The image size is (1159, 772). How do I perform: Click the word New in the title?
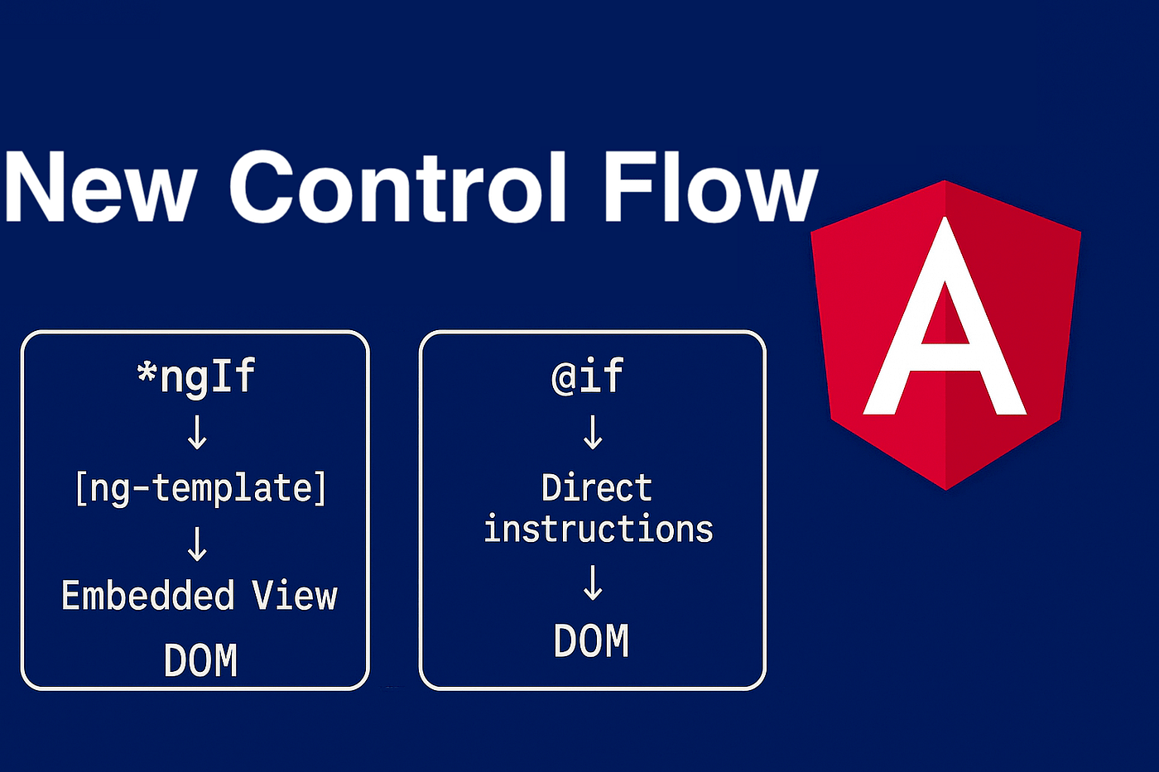click(101, 187)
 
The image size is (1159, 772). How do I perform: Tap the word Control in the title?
click(397, 186)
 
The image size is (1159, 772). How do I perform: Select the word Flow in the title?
click(711, 186)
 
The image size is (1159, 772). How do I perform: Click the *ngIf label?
click(195, 377)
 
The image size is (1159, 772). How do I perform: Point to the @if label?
click(587, 376)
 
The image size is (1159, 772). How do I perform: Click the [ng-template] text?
click(200, 488)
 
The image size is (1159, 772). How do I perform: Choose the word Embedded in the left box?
click(148, 595)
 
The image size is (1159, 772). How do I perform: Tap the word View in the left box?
click(295, 595)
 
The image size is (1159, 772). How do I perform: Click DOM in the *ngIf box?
click(200, 659)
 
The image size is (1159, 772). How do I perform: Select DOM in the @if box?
click(591, 640)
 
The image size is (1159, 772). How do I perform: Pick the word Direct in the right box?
click(597, 487)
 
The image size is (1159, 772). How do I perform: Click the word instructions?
click(599, 529)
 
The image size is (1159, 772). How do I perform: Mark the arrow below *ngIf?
click(197, 434)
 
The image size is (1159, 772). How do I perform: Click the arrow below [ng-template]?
click(197, 544)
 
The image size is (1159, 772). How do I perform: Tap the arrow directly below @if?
click(593, 432)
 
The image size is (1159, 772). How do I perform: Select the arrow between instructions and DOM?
click(593, 583)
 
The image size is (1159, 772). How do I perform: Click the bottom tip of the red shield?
click(945, 489)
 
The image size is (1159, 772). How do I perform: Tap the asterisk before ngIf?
click(147, 372)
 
